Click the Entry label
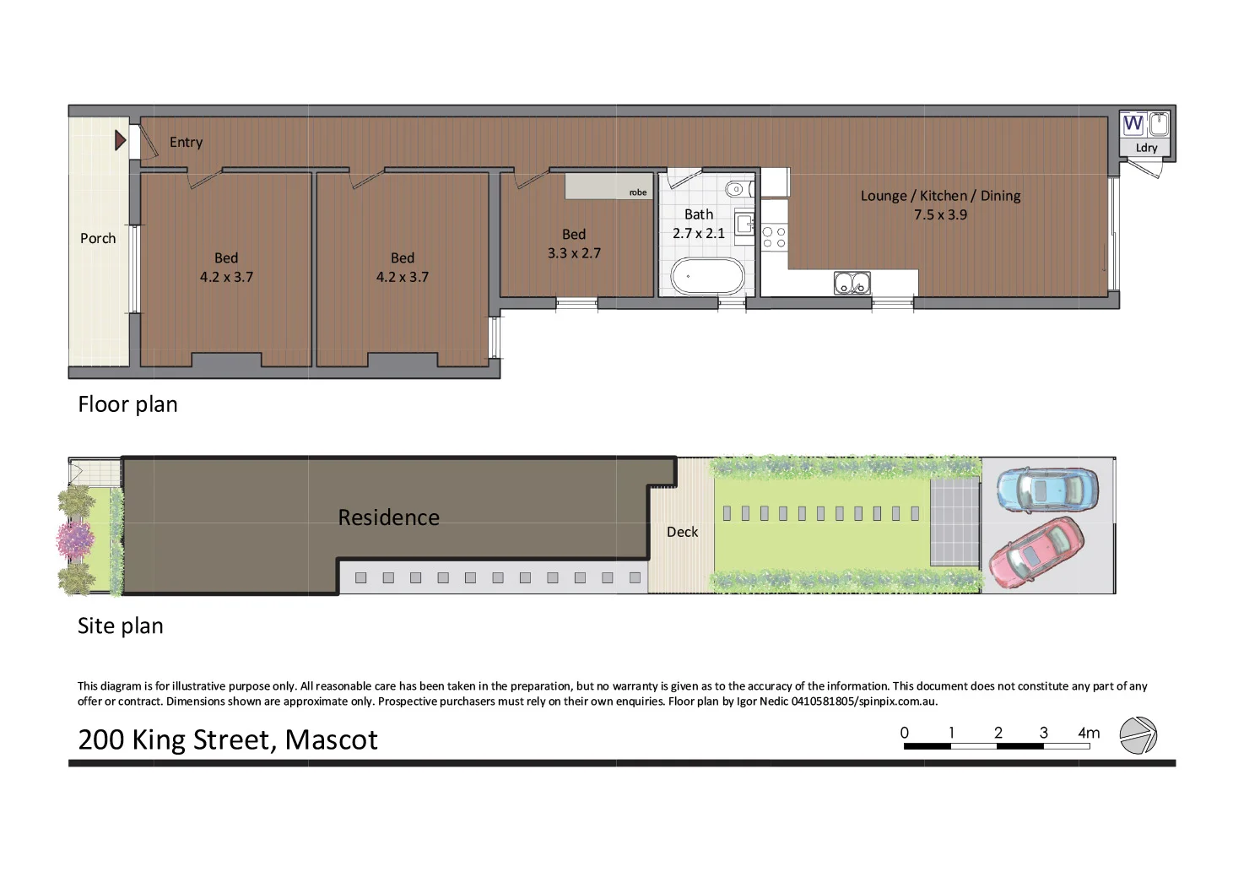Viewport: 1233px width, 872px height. click(186, 142)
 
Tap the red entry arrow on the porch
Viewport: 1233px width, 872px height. click(121, 139)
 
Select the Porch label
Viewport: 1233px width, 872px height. click(98, 238)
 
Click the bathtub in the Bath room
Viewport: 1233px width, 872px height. click(707, 275)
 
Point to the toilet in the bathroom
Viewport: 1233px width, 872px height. click(735, 189)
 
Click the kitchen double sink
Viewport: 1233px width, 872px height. click(852, 283)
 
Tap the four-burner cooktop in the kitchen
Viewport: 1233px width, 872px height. click(774, 237)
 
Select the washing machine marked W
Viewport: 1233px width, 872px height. click(1133, 124)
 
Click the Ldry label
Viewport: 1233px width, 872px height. click(1146, 148)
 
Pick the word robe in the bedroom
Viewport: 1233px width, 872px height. click(638, 192)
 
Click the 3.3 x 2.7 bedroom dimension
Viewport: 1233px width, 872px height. click(574, 252)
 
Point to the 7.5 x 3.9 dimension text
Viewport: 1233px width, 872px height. click(940, 214)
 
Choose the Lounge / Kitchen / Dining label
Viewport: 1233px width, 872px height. click(940, 196)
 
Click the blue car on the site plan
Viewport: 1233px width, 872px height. click(1046, 490)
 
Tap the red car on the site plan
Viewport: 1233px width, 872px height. click(1036, 552)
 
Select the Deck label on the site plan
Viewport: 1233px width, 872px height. click(682, 532)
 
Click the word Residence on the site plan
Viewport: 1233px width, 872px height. click(388, 517)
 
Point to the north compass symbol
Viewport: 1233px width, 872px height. click(1138, 735)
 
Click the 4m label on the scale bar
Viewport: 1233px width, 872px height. click(1089, 733)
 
